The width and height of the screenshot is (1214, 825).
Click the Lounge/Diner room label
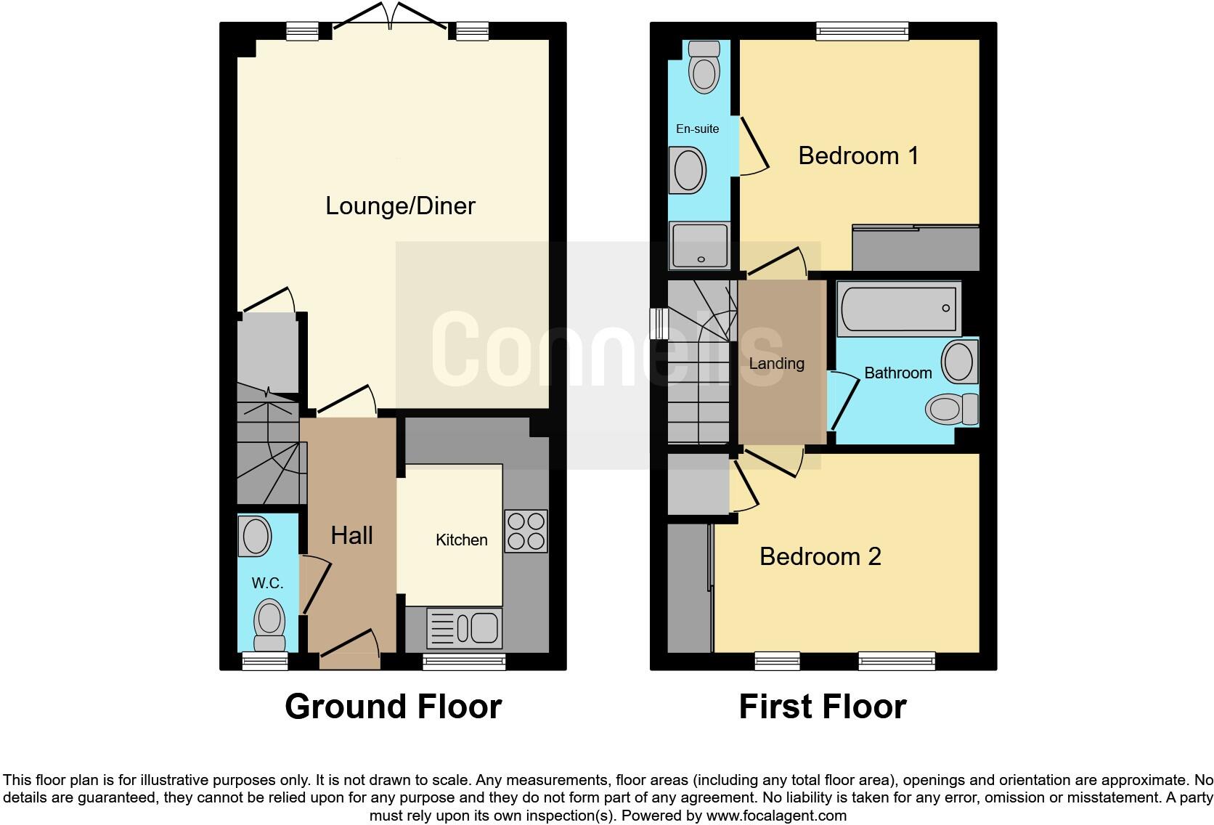(400, 206)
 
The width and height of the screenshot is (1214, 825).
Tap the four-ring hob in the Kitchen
(526, 532)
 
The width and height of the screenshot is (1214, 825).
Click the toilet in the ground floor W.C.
(269, 625)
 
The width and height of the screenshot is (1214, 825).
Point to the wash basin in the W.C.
(255, 537)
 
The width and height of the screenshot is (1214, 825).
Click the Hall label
(351, 535)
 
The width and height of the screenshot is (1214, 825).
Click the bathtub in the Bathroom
(899, 309)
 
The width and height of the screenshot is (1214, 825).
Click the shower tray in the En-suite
(700, 245)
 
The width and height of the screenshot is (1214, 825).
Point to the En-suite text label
(697, 129)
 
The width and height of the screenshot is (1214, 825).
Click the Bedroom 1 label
(858, 155)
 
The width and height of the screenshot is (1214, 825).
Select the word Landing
(776, 363)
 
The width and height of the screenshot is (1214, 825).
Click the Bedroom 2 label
(820, 556)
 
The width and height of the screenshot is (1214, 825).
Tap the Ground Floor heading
(393, 706)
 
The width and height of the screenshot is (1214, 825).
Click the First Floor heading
(822, 706)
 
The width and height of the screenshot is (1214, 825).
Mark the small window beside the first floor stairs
(659, 323)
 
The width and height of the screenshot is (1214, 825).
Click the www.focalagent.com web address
(776, 816)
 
